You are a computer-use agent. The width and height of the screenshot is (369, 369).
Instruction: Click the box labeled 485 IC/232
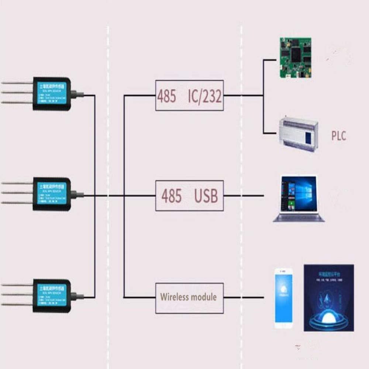click(189, 96)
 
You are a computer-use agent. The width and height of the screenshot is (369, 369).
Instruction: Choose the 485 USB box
click(189, 196)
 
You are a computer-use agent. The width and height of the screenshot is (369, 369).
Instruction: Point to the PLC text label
click(338, 136)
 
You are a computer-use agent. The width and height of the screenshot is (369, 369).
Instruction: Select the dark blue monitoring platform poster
click(328, 297)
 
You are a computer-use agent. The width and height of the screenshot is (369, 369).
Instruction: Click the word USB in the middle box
click(206, 196)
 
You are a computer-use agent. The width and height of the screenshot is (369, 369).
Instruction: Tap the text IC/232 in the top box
click(205, 96)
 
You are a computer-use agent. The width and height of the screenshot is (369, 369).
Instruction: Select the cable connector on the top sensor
click(77, 95)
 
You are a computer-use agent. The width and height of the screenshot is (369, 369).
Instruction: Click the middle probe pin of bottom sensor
click(17, 294)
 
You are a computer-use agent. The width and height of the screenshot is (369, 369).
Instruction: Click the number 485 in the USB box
click(172, 196)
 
